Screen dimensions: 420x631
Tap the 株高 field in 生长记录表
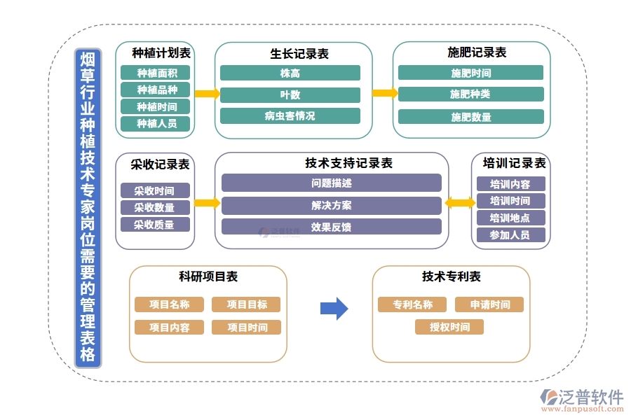pos(290,73)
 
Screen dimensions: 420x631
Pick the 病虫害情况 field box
pos(290,116)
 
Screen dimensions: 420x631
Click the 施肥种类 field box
pos(470,94)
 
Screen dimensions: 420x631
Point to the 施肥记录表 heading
pos(477,52)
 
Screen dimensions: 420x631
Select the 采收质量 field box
pos(154,225)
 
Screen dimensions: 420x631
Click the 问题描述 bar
pos(331,183)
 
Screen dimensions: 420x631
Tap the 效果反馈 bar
pos(331,227)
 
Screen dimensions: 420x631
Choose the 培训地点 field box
pos(510,218)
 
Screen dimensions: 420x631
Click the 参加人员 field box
pos(510,235)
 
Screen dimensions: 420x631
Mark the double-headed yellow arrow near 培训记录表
pos(460,203)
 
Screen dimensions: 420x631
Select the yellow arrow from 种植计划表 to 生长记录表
pos(206,94)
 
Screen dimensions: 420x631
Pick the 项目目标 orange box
pos(245,304)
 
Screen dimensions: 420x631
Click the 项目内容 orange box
pos(169,327)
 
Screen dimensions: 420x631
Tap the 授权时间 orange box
pos(449,327)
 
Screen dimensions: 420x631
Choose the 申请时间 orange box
pos(489,304)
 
